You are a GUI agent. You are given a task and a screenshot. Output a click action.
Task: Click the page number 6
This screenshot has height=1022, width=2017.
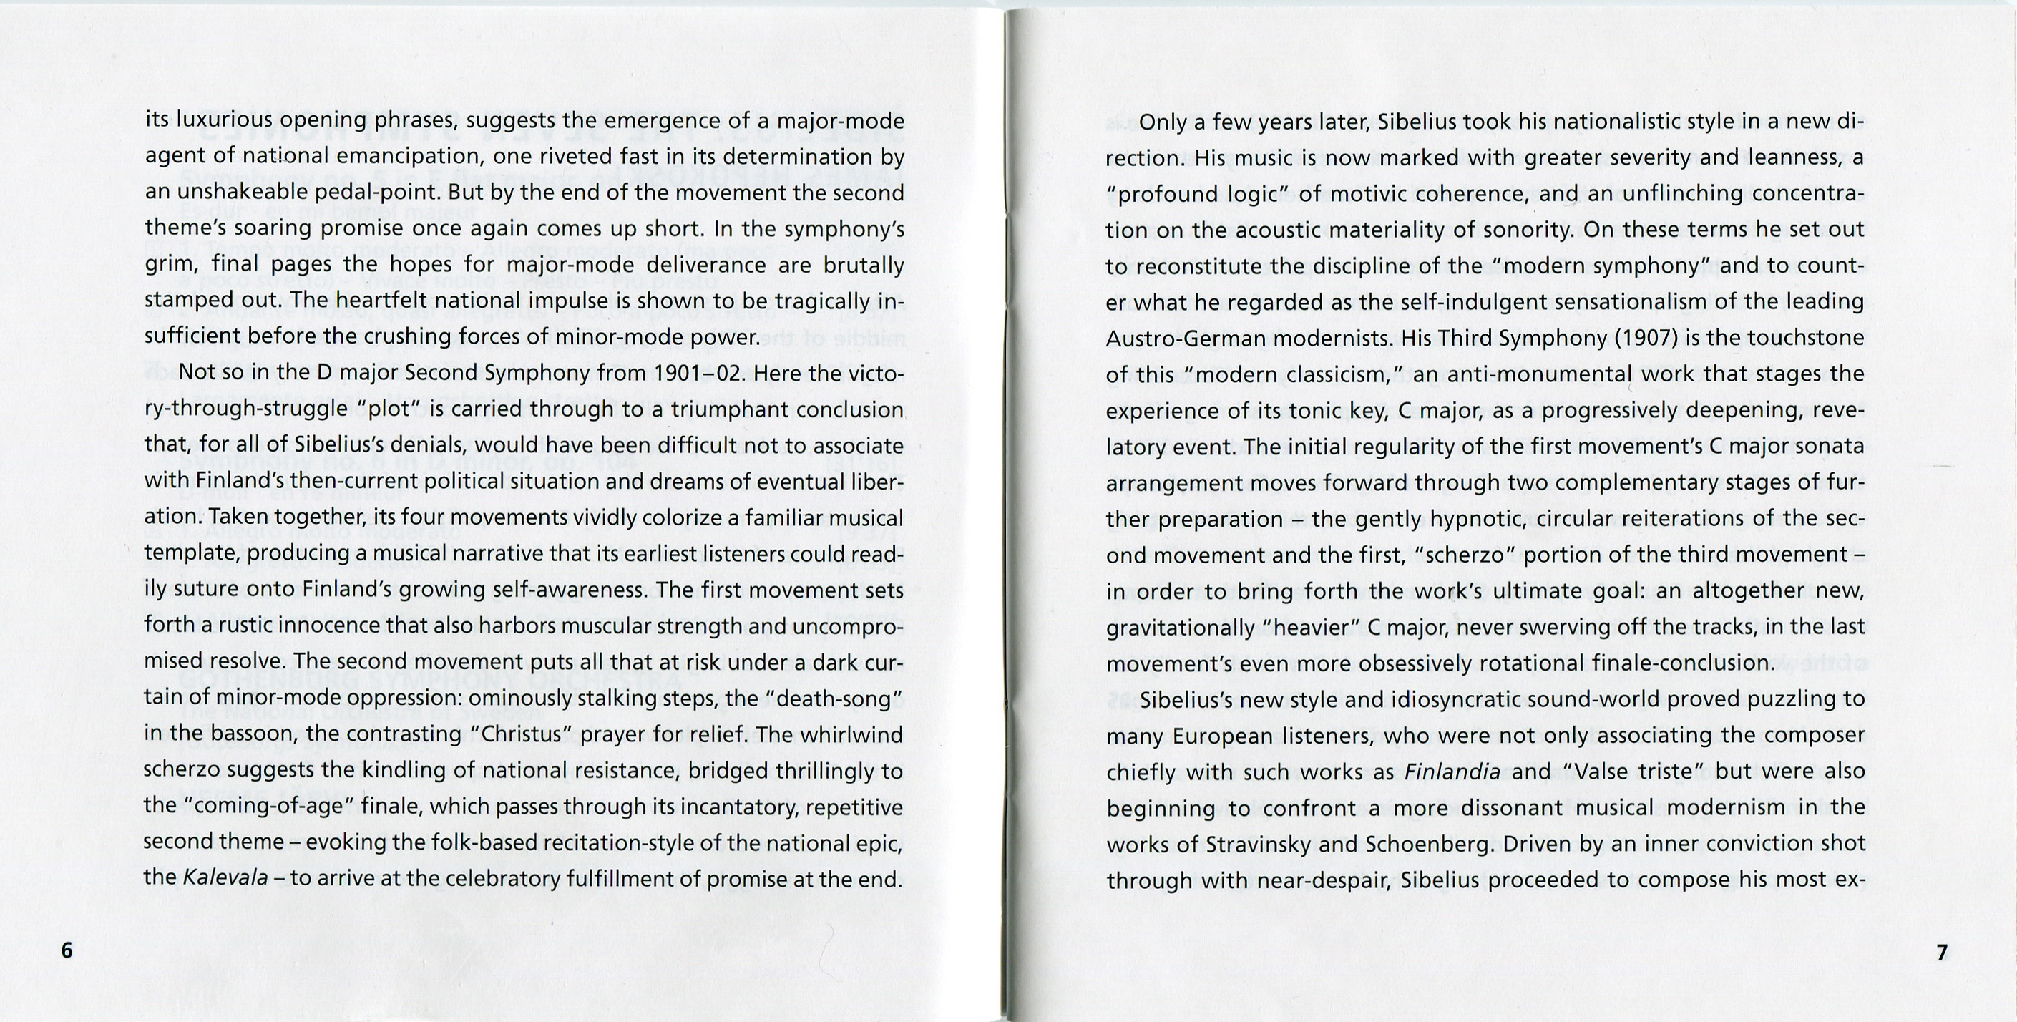coord(67,950)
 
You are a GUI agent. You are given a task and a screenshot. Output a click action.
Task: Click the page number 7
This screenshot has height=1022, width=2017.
coord(1942,953)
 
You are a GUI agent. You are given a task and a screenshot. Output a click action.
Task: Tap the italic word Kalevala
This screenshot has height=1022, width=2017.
coord(225,878)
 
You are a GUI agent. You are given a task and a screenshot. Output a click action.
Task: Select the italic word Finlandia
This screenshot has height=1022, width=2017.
coord(1452,772)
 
